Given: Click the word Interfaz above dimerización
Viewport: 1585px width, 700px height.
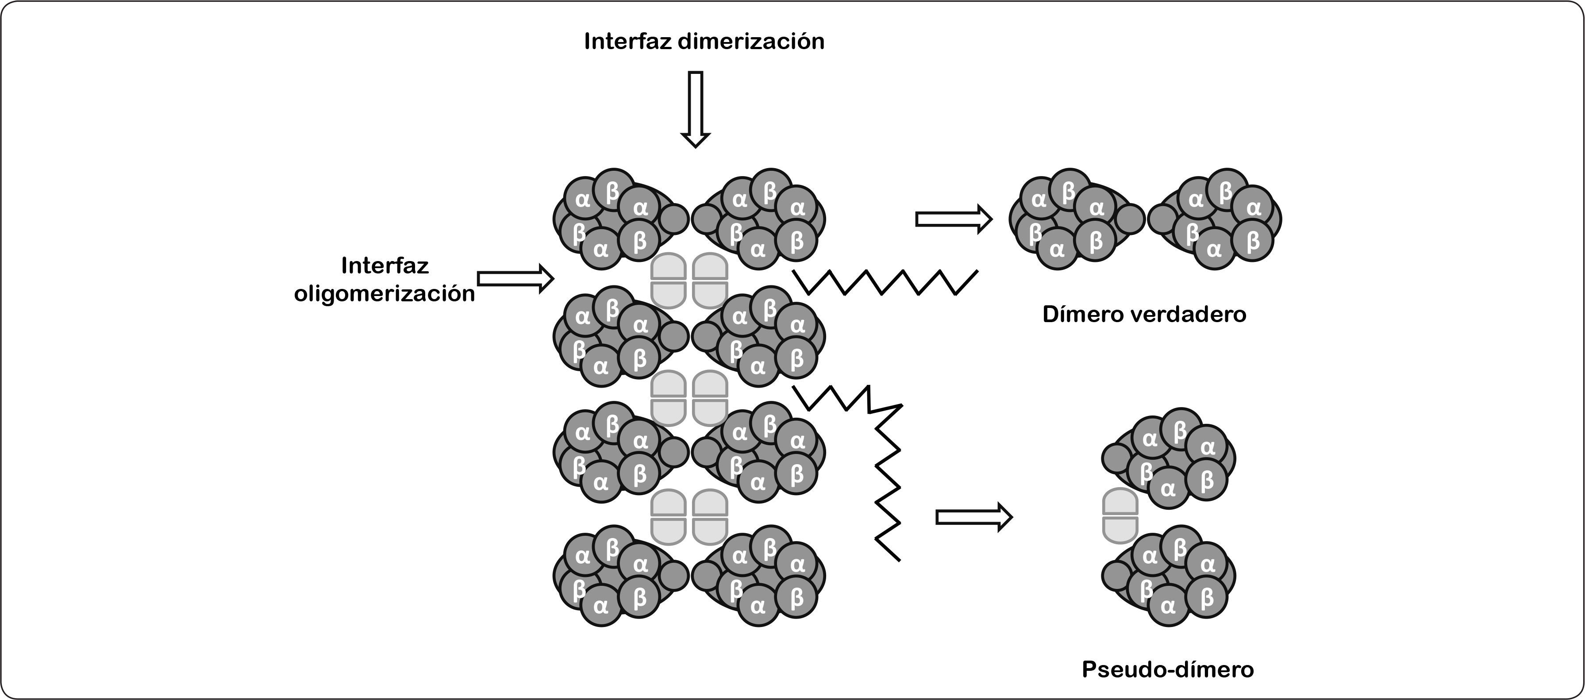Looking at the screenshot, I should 627,41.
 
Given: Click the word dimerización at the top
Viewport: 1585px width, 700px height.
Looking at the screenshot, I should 751,41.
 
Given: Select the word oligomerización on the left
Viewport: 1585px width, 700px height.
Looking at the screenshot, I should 385,294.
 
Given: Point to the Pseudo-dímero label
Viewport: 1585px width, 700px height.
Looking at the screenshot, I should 1167,669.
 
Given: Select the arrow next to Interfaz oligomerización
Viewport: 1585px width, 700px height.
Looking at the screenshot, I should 516,279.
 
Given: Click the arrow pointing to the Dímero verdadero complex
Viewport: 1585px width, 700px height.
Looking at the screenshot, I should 954,219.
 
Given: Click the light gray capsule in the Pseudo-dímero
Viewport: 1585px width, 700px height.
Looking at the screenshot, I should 1120,515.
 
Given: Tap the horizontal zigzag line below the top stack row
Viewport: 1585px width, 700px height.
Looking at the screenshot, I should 886,282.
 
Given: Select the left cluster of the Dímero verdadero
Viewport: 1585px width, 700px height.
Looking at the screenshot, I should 1073,219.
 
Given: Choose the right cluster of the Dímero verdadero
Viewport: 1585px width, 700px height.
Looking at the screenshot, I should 1218,219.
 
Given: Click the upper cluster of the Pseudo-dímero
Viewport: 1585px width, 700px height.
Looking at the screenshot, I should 1172,458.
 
